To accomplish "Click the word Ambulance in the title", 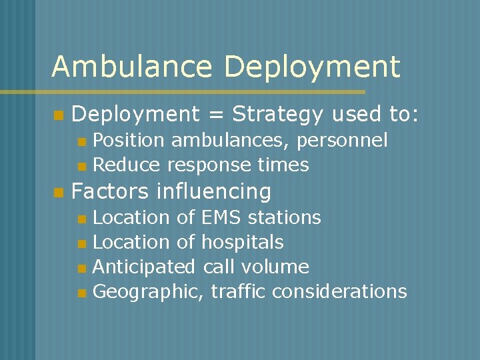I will pyautogui.click(x=132, y=67).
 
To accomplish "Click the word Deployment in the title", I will pyautogui.click(x=313, y=67).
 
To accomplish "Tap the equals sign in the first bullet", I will pyautogui.click(x=216, y=115).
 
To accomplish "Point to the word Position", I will pyautogui.click(x=129, y=141).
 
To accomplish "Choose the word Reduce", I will pyautogui.click(x=127, y=165).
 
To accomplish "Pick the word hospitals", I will pyautogui.click(x=243, y=242).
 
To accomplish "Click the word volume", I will pyautogui.click(x=275, y=267).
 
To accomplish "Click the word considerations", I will pyautogui.click(x=339, y=291).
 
